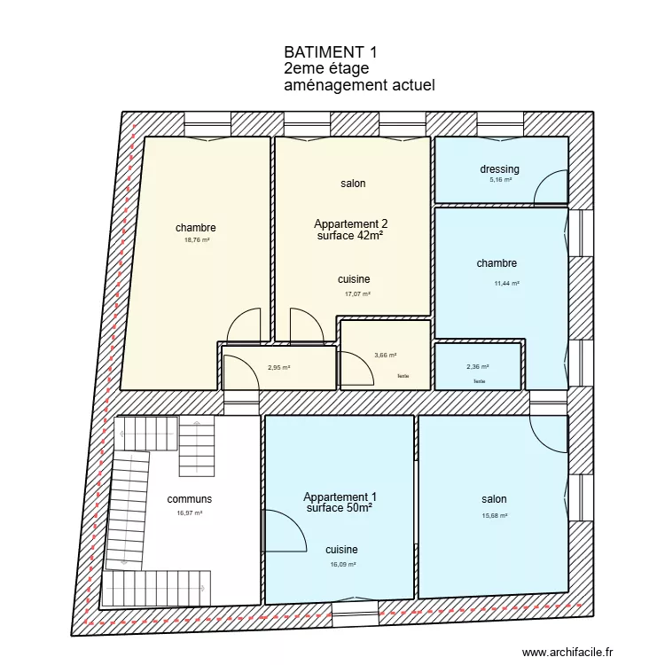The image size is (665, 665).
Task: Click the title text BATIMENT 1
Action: [x=325, y=53]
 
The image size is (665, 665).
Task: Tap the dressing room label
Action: [x=499, y=169]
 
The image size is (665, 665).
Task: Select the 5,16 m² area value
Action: [x=501, y=180]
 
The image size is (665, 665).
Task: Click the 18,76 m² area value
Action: [x=196, y=239]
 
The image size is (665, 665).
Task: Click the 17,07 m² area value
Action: [x=357, y=294]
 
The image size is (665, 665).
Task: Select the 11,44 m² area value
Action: [x=506, y=284]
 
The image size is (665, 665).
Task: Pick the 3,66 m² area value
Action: [x=385, y=356]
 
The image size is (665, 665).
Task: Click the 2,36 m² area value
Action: [x=478, y=367]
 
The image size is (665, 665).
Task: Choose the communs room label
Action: [x=190, y=499]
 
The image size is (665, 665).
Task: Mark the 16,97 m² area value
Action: [x=190, y=512]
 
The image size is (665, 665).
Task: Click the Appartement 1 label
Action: [x=340, y=497]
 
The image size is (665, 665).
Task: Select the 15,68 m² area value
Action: [x=495, y=515]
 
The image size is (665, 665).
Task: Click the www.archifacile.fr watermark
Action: [x=567, y=653]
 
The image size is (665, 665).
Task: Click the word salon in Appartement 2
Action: [x=353, y=184]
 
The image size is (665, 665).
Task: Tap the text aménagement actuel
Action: [x=359, y=85]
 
